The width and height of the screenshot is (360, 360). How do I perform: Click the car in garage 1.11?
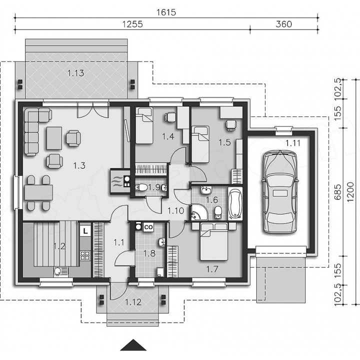coord(280,192)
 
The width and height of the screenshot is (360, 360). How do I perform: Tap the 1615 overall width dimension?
coord(166,12)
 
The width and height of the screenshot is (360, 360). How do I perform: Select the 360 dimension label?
coord(284,24)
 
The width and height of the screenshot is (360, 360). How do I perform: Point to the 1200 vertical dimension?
coord(350,192)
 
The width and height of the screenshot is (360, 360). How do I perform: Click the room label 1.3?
coord(79,165)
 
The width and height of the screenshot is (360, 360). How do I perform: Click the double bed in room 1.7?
coord(214,242)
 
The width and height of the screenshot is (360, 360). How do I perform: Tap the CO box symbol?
coord(148,227)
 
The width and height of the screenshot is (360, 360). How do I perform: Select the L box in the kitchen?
coord(85,231)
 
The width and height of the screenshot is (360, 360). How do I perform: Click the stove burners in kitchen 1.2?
coord(85,255)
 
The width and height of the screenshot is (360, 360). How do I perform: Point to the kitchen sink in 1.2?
coord(61,271)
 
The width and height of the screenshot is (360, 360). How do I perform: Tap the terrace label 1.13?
coord(76,73)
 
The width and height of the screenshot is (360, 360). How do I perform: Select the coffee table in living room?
coord(54,138)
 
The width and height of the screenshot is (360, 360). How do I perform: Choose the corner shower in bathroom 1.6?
coord(199,212)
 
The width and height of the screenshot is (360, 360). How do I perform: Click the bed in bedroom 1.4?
coord(144,125)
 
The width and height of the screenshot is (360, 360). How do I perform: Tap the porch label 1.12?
coord(133,302)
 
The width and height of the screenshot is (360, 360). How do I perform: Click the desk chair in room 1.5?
coord(230,125)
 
